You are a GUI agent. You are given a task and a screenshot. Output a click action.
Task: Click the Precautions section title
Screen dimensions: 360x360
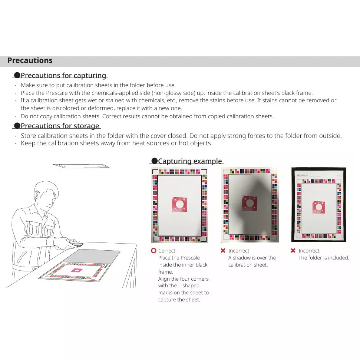pos(30,61)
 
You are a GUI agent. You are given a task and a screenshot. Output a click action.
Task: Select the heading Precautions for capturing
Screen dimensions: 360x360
pos(63,76)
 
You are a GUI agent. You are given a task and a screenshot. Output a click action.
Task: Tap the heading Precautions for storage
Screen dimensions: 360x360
pos(60,126)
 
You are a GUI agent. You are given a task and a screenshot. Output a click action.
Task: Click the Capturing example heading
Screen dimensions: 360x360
pos(189,161)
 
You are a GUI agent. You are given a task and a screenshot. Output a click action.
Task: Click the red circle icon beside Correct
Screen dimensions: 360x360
pos(153,251)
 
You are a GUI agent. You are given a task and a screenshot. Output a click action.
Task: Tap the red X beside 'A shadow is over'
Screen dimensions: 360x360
pos(223,251)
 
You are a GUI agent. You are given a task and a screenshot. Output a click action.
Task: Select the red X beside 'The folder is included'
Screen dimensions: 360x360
pos(293,251)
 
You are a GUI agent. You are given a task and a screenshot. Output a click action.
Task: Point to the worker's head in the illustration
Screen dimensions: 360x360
pos(46,195)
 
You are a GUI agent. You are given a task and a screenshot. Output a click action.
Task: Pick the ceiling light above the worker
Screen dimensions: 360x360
pos(82,166)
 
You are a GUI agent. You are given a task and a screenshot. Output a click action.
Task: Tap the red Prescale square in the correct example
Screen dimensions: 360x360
pos(179,204)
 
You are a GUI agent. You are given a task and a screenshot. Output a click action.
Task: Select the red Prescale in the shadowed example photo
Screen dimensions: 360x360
pos(249,203)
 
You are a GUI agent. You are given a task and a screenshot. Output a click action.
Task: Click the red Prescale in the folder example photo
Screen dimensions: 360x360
pos(318,207)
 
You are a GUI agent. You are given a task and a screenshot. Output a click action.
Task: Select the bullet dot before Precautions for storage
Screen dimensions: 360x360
pos(17,126)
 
